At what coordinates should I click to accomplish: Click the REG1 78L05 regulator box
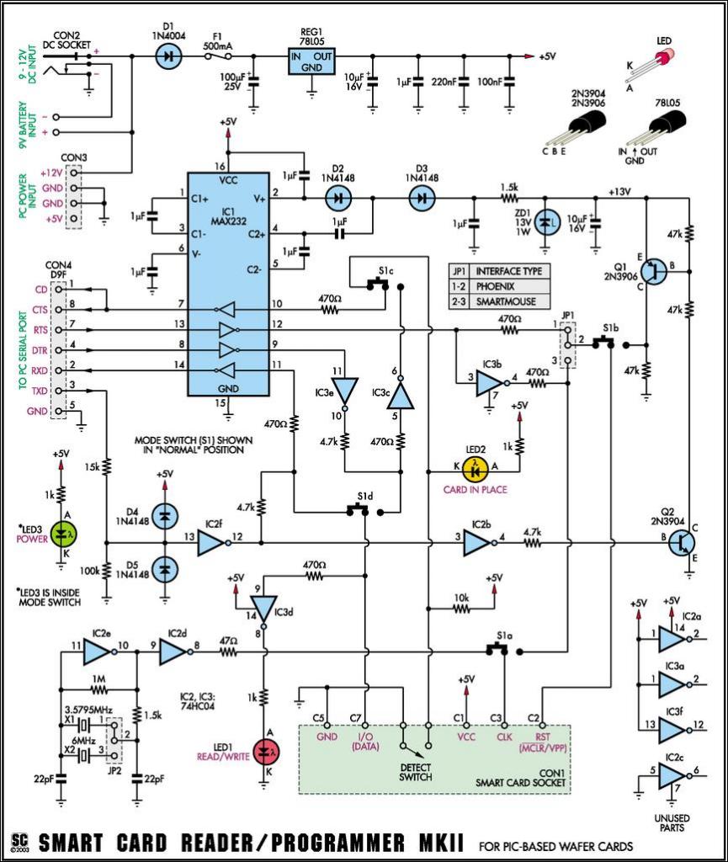click(x=311, y=61)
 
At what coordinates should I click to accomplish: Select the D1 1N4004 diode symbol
click(x=168, y=56)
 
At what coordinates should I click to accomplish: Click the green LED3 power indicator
click(x=61, y=532)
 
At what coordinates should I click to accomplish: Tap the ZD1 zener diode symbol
click(x=546, y=222)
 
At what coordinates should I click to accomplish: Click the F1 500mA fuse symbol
click(x=221, y=56)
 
